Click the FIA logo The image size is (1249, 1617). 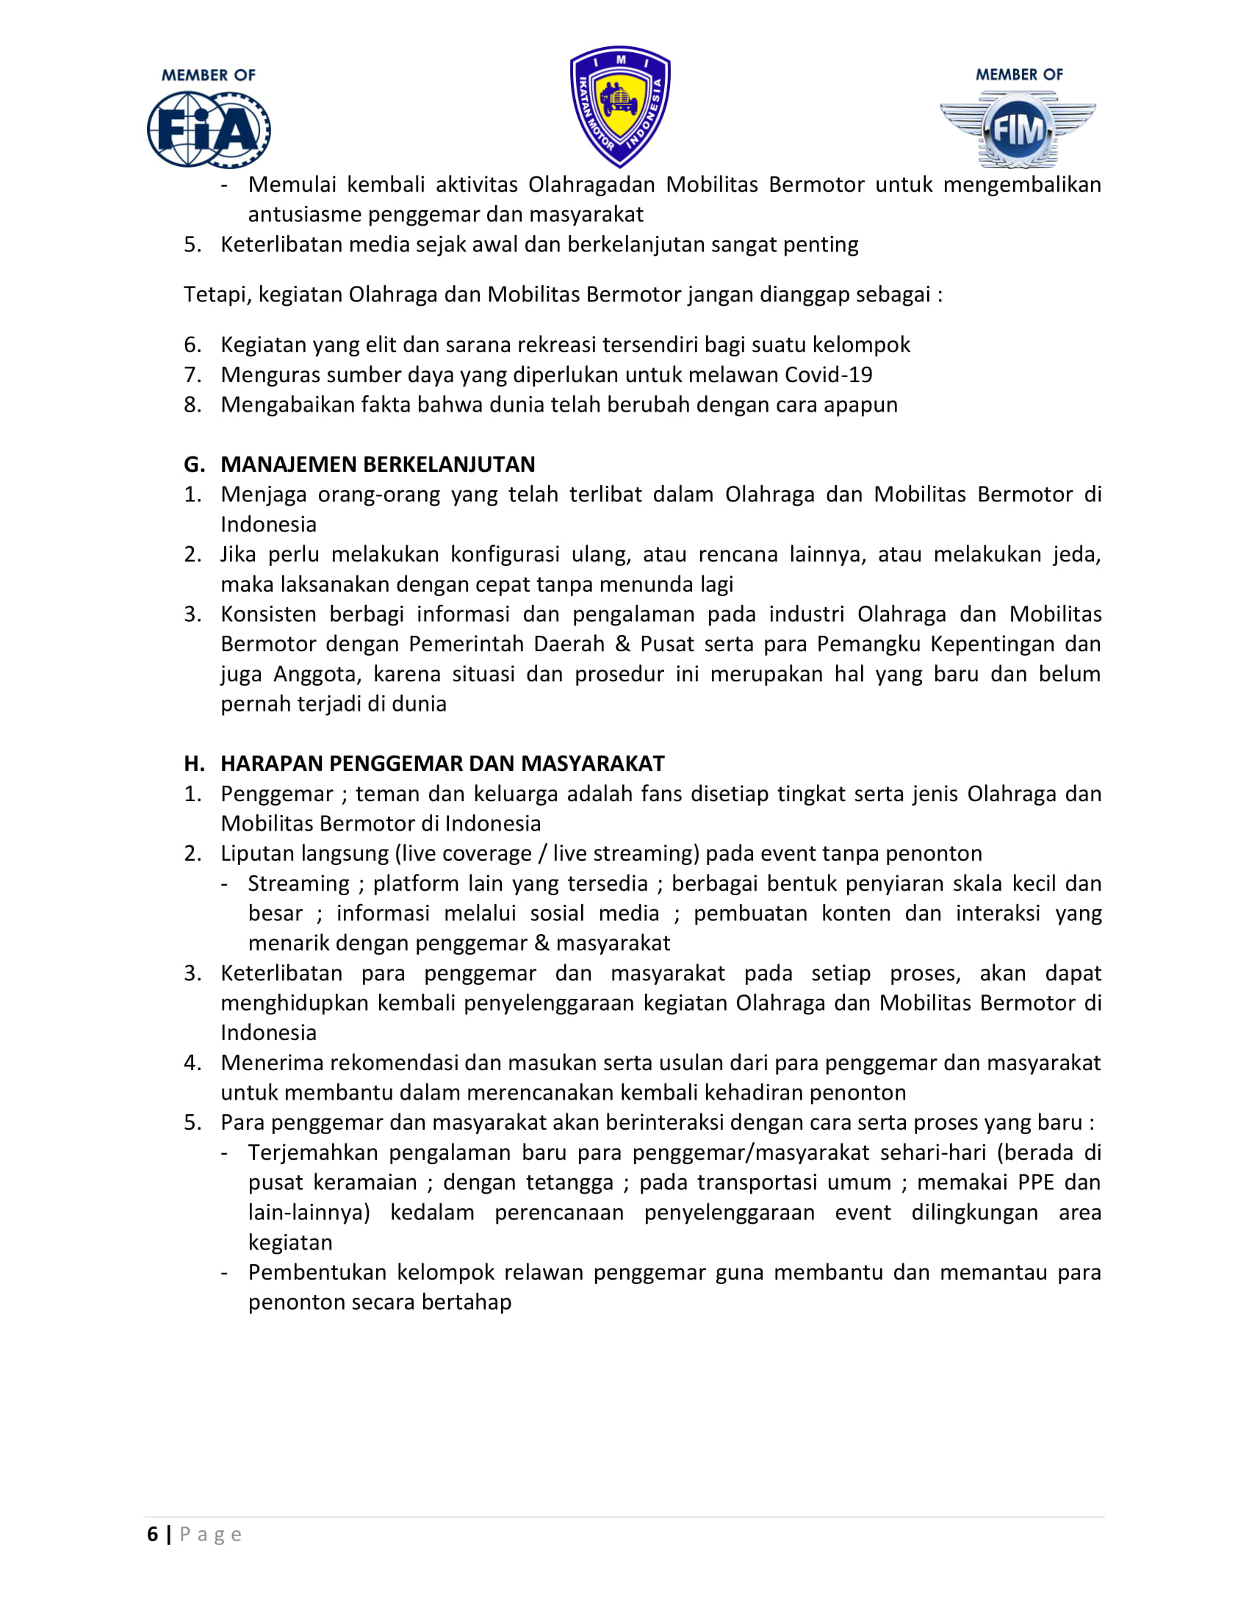(x=208, y=129)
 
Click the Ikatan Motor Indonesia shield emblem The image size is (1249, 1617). (x=620, y=107)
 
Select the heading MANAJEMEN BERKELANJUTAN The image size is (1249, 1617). (x=378, y=465)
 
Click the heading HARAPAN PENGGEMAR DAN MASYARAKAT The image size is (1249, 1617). (x=442, y=764)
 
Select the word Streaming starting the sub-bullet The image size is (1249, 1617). (x=298, y=883)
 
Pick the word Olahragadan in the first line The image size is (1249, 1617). (x=591, y=184)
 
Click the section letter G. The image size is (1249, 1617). (x=193, y=465)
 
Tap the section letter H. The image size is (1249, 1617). (x=193, y=764)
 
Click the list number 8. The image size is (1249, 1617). (x=192, y=405)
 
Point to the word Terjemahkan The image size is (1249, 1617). (x=313, y=1152)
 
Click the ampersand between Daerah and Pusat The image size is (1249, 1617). (x=622, y=644)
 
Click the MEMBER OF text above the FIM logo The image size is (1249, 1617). (x=1019, y=75)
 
